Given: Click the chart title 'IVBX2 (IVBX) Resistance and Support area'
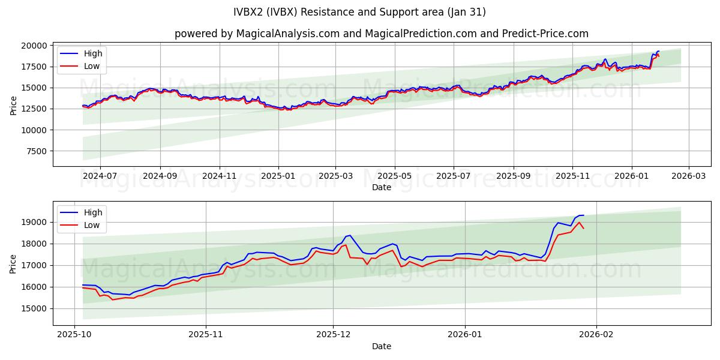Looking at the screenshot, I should coord(360,12).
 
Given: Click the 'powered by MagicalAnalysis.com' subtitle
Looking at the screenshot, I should coord(381,34).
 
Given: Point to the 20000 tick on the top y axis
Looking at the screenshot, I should coord(34,46).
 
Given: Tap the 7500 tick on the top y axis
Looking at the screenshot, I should coord(36,151).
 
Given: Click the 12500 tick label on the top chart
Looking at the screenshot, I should coord(34,109).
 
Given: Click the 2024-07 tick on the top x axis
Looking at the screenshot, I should coord(100,176).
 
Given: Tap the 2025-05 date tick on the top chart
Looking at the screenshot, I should coord(395,176).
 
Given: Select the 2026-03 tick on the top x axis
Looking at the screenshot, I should coord(688,176).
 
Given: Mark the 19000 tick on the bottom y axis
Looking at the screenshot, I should coord(34,222).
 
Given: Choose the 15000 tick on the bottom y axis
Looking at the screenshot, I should coord(34,308).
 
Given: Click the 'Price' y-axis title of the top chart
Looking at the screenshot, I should coord(14,104).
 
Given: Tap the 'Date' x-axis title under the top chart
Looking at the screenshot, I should coord(381,187).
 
